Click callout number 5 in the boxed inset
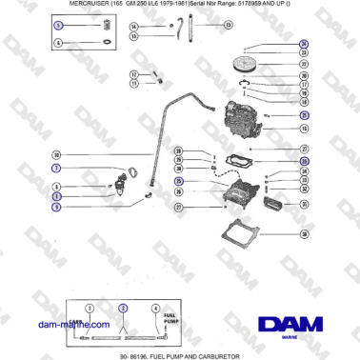tap(56, 28)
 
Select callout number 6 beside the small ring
tap(56, 43)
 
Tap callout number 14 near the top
tap(133, 26)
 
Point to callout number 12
tap(133, 73)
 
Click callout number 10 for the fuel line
tap(56, 155)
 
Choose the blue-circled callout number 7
tap(56, 168)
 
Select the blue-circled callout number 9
tap(56, 207)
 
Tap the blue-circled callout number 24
tap(303, 45)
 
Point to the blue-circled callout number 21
tap(303, 116)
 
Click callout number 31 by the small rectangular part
tap(303, 204)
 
